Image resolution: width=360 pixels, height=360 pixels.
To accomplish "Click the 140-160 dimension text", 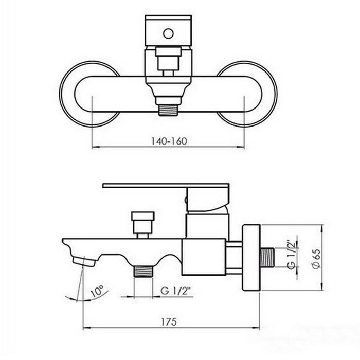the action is point(169,141).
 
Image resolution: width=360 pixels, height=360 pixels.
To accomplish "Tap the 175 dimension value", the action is point(169,322).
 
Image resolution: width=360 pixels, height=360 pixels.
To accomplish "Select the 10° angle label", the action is point(97,291).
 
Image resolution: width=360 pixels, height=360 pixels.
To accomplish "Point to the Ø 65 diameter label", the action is point(316,259).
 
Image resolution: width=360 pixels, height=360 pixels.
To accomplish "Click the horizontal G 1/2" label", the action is point(176,291).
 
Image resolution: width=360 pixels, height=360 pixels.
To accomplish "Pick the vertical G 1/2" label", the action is point(291,255).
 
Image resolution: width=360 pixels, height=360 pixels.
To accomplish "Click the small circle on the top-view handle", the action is point(168,33).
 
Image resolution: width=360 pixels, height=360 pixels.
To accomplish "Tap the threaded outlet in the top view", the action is point(168,110).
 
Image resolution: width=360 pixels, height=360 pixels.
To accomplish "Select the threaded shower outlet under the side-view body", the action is point(143,271).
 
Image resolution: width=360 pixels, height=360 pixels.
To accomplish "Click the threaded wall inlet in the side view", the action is point(267,257).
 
